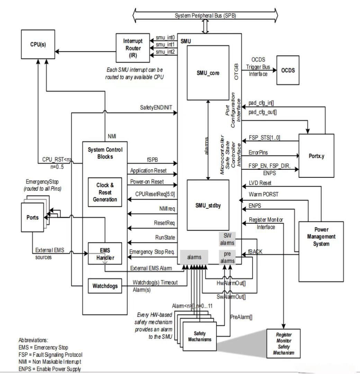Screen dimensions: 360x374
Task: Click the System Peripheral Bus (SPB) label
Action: click(x=205, y=16)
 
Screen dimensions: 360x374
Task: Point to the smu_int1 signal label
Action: click(x=165, y=45)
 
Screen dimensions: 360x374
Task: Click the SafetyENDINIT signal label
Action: click(x=156, y=108)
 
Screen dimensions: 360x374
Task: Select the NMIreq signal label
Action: click(x=167, y=209)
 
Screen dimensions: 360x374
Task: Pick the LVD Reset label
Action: click(x=260, y=183)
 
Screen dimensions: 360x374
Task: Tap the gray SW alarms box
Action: click(x=227, y=239)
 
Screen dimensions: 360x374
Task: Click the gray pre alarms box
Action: click(x=227, y=257)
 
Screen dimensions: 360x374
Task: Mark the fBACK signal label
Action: click(x=255, y=252)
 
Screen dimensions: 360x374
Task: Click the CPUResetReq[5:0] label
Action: click(x=155, y=194)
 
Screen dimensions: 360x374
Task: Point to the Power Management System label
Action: click(x=321, y=237)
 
